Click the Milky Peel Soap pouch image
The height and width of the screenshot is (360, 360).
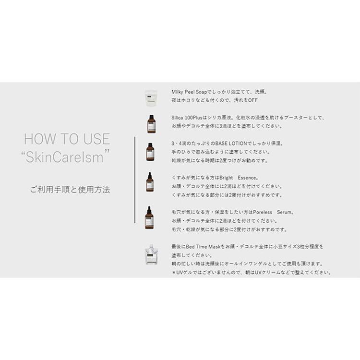151,98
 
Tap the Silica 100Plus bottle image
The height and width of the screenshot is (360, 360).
151,124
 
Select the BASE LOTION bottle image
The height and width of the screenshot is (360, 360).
150,152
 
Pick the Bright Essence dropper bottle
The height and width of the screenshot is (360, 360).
150,182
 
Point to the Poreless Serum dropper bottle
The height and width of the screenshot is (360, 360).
149,217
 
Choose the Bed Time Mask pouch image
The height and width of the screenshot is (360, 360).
151,254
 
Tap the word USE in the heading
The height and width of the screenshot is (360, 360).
96,139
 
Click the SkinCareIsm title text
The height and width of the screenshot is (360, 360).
65,157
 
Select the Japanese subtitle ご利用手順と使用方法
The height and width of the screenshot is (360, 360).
70,190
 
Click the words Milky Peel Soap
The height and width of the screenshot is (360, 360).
189,92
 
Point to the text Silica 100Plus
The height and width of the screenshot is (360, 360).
187,118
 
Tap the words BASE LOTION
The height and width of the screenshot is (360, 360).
231,144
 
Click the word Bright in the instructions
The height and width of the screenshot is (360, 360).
226,178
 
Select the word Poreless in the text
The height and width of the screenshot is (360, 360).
263,212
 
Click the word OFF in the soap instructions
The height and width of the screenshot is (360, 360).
253,100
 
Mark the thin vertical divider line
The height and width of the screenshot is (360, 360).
135,180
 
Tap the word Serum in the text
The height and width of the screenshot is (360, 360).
284,212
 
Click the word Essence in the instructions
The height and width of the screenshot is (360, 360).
247,178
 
